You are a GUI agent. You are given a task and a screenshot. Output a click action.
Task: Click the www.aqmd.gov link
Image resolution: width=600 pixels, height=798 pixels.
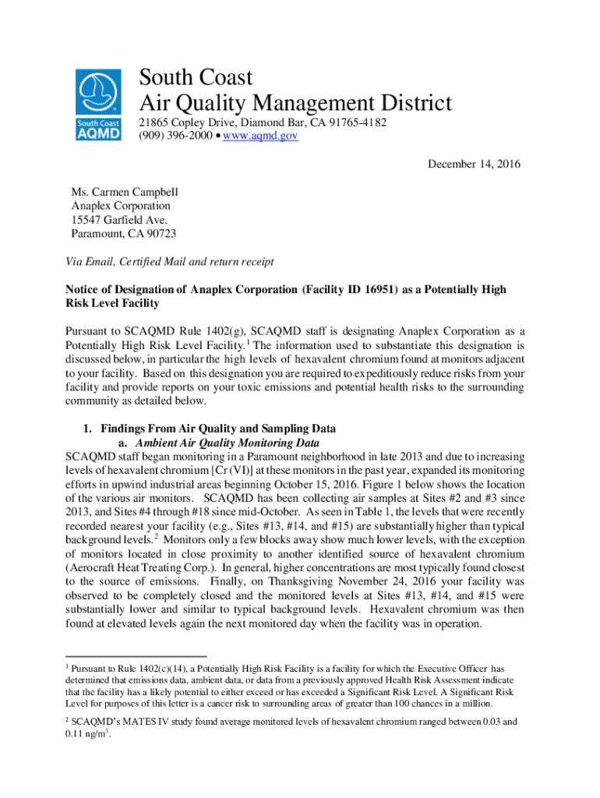pos(264,136)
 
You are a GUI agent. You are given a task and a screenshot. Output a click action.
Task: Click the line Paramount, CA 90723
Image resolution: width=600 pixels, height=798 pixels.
pos(123,234)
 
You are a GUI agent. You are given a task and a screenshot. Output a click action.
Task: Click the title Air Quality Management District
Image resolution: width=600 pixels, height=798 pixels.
pos(295,103)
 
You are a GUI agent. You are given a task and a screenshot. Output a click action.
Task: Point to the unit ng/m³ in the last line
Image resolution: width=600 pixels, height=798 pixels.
pos(93,735)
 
